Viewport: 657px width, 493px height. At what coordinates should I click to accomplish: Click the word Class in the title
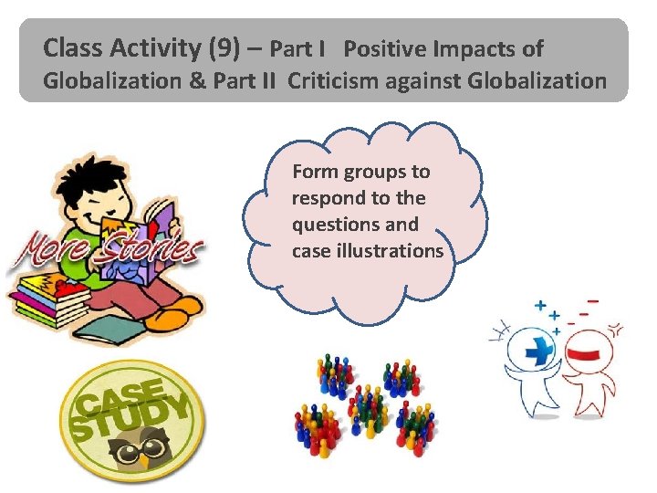coord(72,47)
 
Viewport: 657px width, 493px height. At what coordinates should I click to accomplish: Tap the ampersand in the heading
coord(197,81)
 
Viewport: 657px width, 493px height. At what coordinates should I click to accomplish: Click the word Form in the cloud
coord(311,172)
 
